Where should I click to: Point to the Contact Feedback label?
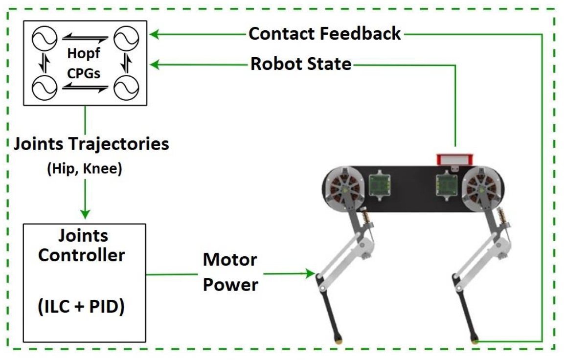coord(325,34)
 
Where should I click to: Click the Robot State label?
coord(301,64)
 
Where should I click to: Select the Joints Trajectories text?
coord(91,144)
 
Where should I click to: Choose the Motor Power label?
coord(230,271)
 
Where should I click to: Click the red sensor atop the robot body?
coord(455,158)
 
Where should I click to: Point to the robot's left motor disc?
coord(344,188)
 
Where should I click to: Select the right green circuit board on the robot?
coord(447,185)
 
